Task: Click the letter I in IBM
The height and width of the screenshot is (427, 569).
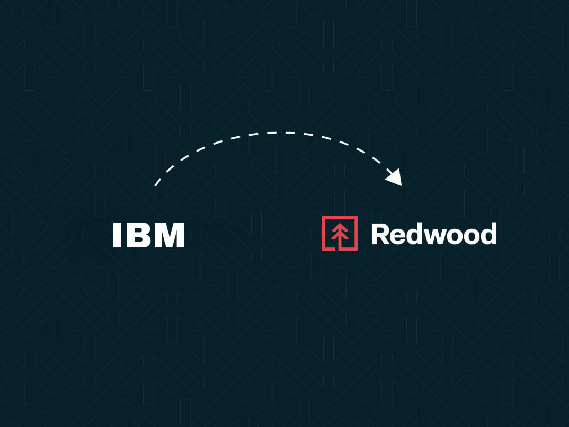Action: coord(118,235)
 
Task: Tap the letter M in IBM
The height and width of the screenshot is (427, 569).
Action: coord(169,235)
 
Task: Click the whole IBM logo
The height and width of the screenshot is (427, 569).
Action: coord(149,235)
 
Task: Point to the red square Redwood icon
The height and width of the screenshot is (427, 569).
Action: coord(340,233)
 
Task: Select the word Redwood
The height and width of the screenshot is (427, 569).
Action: coord(434,234)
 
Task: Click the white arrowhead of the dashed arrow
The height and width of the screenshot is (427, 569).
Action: coord(395,178)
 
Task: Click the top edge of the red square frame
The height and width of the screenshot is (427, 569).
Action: coord(340,218)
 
